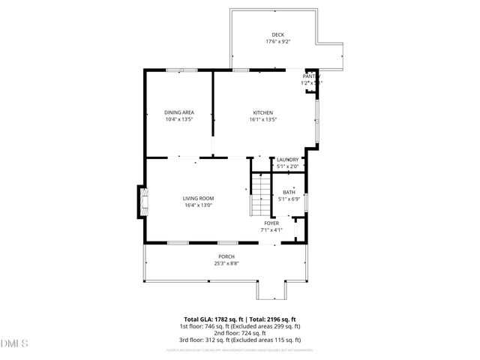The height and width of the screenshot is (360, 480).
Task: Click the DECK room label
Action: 277,35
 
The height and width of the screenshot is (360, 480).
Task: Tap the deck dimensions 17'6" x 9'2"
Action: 277,42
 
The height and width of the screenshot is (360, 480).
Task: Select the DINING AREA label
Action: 179,112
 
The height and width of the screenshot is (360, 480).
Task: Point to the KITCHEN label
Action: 262,112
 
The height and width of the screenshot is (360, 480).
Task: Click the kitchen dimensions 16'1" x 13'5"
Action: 262,119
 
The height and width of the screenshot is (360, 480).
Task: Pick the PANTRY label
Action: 311,76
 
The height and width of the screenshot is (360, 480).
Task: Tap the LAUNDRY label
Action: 288,160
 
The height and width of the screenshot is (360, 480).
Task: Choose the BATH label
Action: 289,192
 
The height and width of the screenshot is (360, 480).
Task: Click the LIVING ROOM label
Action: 198,198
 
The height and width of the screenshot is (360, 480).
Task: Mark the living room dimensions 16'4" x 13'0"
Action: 198,205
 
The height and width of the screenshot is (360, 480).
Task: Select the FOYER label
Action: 271,223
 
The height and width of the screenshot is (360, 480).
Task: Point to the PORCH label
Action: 226,257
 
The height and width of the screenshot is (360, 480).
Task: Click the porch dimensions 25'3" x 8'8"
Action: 226,264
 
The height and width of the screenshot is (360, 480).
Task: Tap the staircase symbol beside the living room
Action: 259,193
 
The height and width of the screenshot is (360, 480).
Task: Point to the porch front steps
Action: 271,291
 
